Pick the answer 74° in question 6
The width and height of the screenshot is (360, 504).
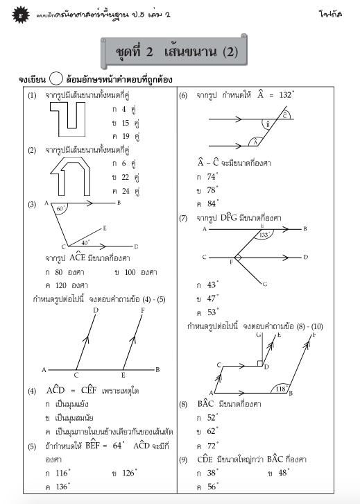coord(207,176)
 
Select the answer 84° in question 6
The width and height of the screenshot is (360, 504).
coord(207,203)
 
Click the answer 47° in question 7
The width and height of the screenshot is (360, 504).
coord(207,298)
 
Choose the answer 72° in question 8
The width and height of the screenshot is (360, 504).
coord(207,444)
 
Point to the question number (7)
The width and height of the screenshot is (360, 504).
coord(184,218)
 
